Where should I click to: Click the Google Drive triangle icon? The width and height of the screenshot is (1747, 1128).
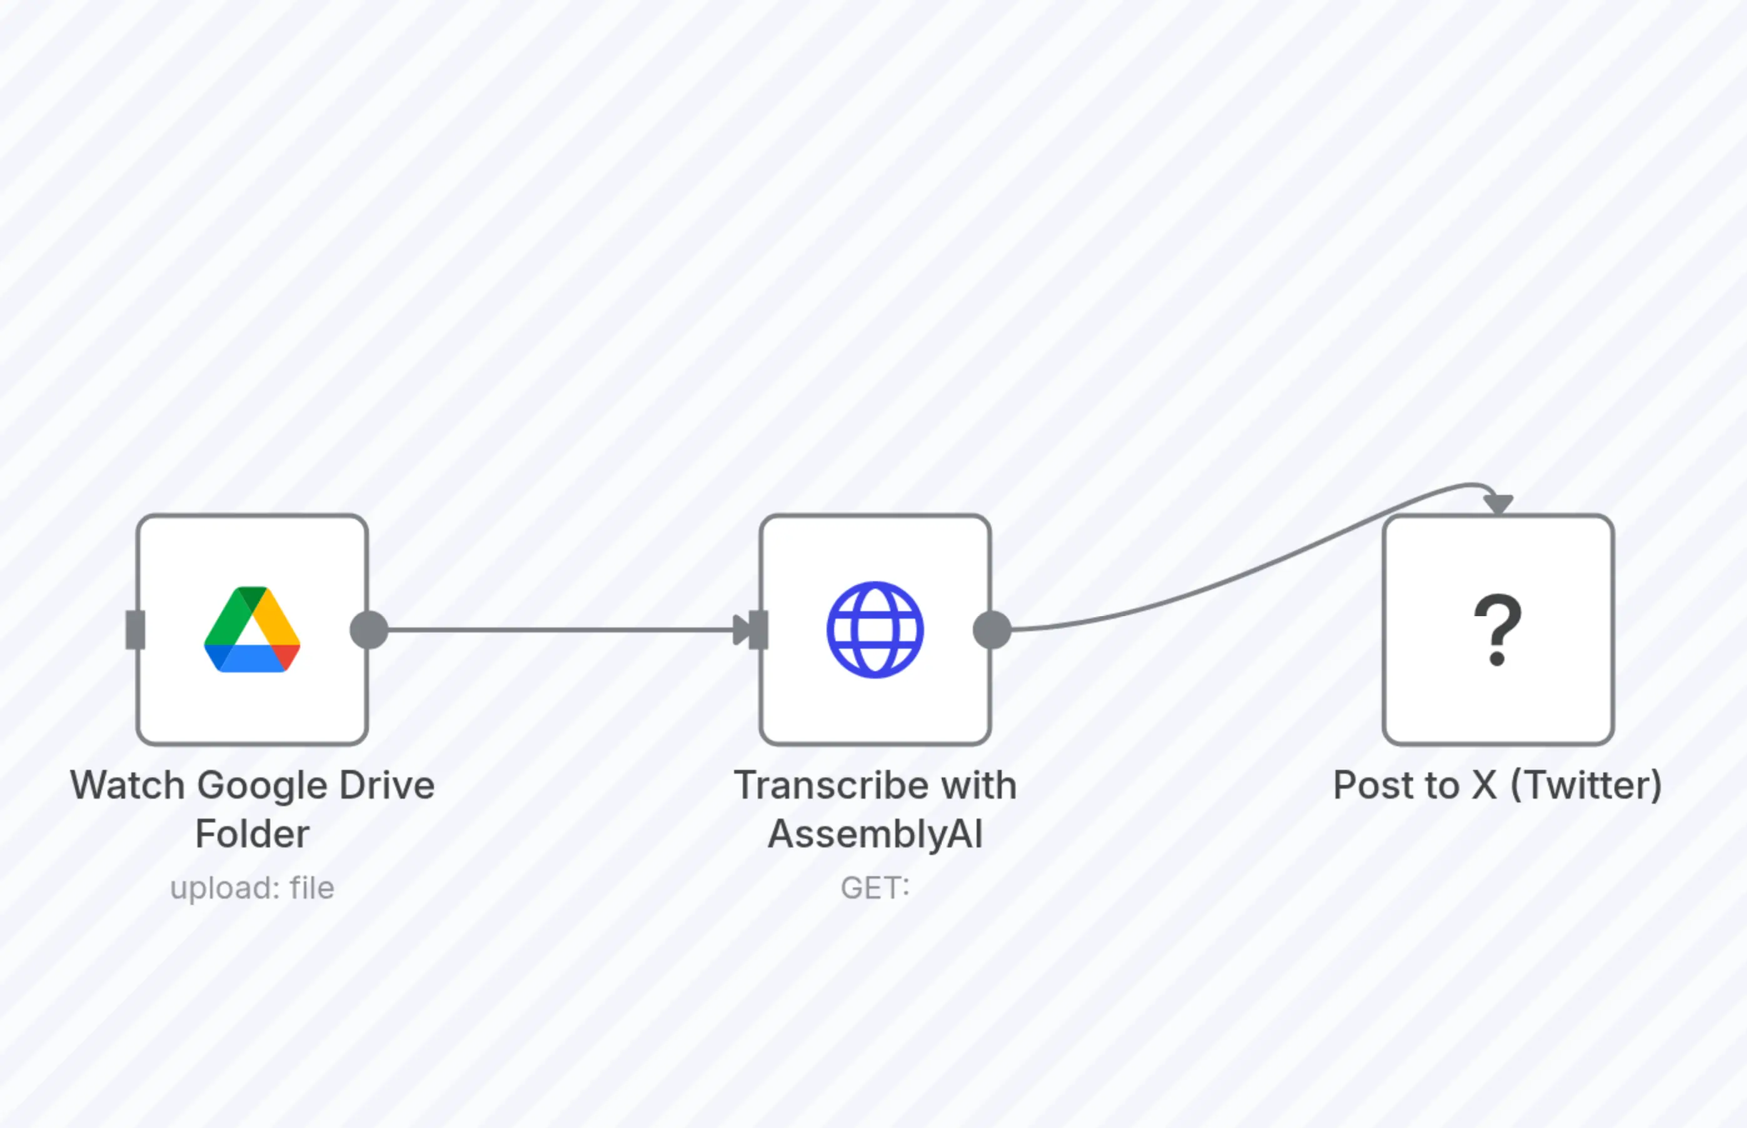[x=251, y=629]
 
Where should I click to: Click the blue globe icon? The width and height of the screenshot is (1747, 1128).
[x=875, y=629]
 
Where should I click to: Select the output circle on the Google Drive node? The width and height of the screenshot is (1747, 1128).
[x=369, y=629]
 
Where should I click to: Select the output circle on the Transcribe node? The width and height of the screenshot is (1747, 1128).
[x=992, y=629]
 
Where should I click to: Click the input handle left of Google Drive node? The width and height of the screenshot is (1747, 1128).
[x=136, y=629]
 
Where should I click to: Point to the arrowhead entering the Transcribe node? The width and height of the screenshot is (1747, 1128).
[x=742, y=629]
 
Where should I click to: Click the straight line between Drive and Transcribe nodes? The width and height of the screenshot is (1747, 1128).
[x=557, y=629]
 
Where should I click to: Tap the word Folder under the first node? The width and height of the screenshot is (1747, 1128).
[x=252, y=834]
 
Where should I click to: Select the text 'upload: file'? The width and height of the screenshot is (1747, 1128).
[x=252, y=889]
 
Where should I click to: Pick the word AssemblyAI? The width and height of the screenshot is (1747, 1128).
[x=875, y=834]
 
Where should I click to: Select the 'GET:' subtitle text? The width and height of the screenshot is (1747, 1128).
[x=875, y=889]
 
